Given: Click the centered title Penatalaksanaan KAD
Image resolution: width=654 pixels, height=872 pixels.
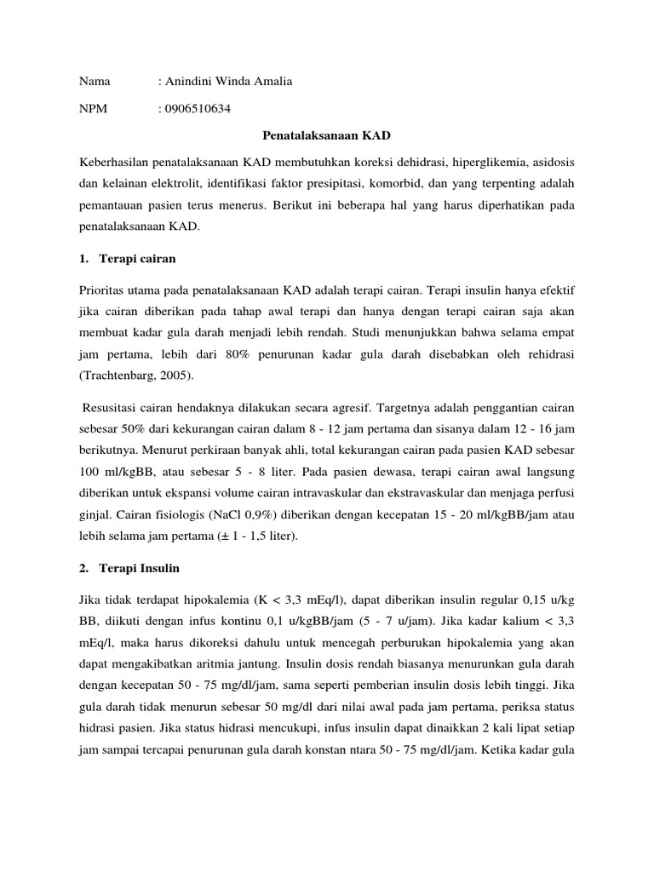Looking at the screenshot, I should tap(326, 136).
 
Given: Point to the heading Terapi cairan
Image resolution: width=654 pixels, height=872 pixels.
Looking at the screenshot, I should tap(141, 258).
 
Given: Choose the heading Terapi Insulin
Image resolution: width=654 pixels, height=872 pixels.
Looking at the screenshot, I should tap(143, 566).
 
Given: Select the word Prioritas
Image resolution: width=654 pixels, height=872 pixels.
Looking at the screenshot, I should tap(104, 291).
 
